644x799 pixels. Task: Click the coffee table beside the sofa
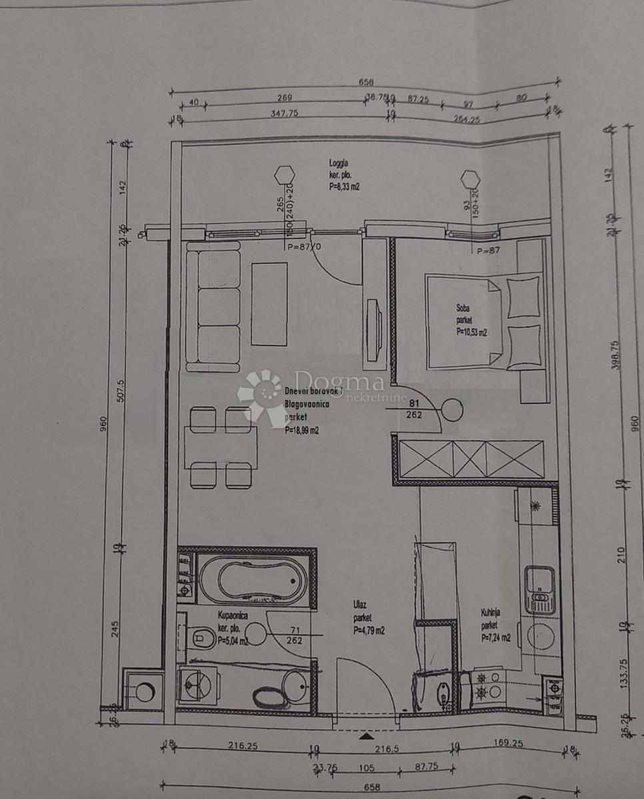click(270, 302)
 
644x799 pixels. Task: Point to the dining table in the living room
click(221, 447)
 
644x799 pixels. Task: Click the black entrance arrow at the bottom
click(366, 736)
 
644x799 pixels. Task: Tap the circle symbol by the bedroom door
click(452, 408)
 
